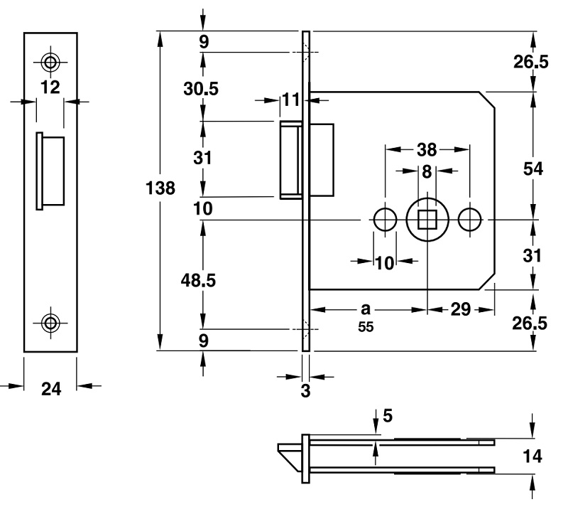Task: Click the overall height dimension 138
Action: coord(160,188)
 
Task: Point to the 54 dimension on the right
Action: coord(532,168)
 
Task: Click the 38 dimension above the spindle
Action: coord(427,150)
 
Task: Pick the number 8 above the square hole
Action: coord(427,171)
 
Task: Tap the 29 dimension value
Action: coord(461,310)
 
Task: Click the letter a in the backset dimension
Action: coord(366,309)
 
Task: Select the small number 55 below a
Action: coord(366,328)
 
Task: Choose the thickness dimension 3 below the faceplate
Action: coord(306,390)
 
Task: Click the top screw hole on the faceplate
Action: coord(50,62)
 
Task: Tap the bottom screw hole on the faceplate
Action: coord(50,322)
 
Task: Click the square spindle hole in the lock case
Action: coord(427,220)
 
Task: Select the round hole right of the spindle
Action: coord(469,220)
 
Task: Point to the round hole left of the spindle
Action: coord(385,220)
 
